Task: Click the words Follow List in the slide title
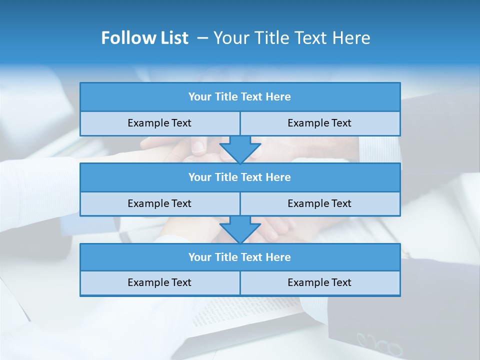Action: pyautogui.click(x=144, y=38)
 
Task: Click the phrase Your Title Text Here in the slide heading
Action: pyautogui.click(x=291, y=38)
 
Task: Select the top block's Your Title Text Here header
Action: pyautogui.click(x=239, y=97)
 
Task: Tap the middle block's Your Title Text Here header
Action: pyautogui.click(x=239, y=177)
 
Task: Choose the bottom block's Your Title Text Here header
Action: pyautogui.click(x=239, y=257)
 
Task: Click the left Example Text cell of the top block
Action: pyautogui.click(x=159, y=123)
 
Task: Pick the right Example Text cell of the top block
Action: pyautogui.click(x=319, y=123)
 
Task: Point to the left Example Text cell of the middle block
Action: pyautogui.click(x=159, y=204)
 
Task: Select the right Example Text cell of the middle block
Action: pyautogui.click(x=319, y=204)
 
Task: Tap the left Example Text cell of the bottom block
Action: pyautogui.click(x=159, y=283)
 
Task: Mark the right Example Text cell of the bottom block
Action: pyautogui.click(x=319, y=283)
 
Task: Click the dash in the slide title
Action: pyautogui.click(x=202, y=38)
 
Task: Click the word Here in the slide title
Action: pyautogui.click(x=353, y=38)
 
